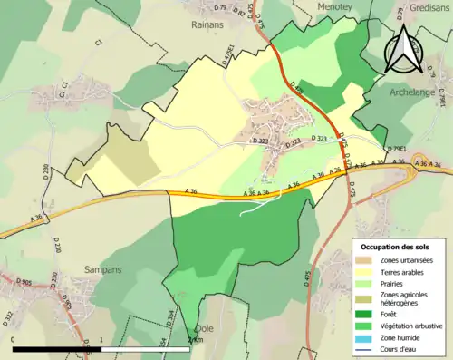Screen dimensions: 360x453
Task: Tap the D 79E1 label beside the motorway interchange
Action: [x=396, y=149]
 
